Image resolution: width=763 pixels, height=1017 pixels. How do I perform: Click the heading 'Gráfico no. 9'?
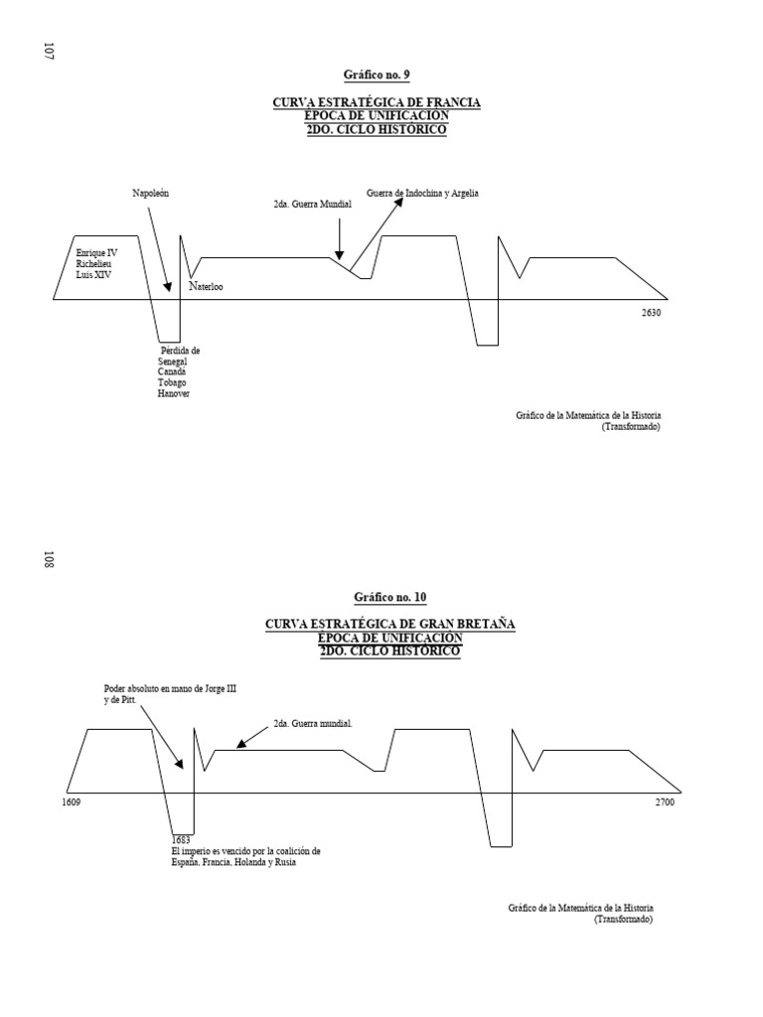376,74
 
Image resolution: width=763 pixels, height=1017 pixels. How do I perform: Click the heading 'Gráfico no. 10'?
389,597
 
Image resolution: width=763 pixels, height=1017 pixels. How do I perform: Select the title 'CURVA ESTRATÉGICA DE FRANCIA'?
377,103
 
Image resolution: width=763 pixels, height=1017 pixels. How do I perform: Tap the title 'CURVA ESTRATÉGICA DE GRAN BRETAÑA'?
389,624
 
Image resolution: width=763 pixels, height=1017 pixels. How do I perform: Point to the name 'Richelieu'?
96,263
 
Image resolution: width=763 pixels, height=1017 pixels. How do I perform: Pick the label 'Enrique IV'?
96,253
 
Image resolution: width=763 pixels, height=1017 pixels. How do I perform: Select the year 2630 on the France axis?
651,313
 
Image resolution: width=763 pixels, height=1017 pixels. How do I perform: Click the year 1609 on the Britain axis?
72,801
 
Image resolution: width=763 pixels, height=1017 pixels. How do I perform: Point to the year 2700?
664,801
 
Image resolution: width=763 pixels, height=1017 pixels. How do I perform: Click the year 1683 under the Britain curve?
181,840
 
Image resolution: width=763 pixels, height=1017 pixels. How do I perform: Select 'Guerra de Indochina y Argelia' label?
422,193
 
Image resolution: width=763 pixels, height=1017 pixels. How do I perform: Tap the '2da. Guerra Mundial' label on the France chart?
312,204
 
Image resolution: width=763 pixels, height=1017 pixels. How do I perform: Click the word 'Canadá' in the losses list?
172,372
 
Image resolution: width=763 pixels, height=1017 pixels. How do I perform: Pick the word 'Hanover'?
173,394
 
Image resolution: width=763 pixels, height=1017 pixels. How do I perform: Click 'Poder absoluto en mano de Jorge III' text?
170,688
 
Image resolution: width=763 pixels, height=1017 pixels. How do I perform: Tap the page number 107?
48,51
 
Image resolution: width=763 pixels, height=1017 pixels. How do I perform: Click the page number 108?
48,559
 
